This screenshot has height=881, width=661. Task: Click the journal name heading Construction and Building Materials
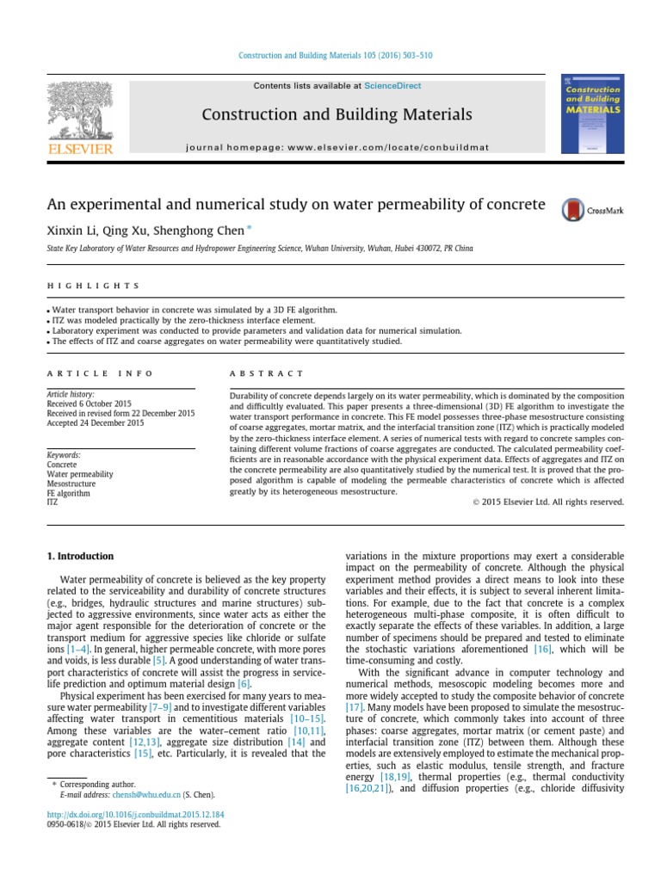337,114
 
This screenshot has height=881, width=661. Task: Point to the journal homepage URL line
337,147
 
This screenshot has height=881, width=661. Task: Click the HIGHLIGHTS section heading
93,285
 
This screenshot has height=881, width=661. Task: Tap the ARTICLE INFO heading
100,373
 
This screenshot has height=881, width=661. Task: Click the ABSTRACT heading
266,373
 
